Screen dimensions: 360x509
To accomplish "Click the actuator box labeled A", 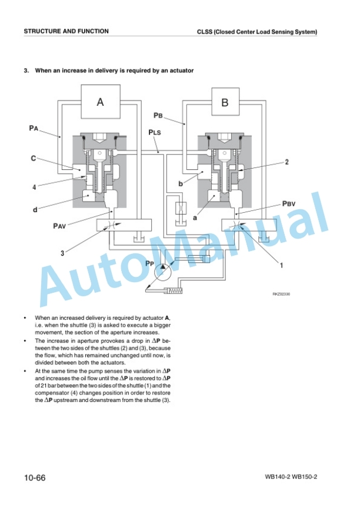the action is tap(101, 102).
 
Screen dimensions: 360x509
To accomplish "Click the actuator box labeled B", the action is tap(225, 102).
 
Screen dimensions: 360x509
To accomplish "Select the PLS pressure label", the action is tap(155, 132).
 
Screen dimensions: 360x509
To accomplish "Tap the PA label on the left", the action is tap(34, 128).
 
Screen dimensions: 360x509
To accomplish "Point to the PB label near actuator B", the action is tap(158, 115).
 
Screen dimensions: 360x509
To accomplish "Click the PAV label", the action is tap(59, 226).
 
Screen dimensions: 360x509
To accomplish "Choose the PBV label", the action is tap(289, 204).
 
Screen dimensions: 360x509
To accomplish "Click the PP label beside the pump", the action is tap(149, 263).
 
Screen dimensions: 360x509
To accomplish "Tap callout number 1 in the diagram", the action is tap(281, 265).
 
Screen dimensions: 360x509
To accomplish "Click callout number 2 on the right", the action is tap(287, 162).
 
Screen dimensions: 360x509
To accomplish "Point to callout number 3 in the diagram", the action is tap(62, 253).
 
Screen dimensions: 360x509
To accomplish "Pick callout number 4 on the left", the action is tap(34, 187).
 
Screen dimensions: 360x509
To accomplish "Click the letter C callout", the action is tap(33, 159).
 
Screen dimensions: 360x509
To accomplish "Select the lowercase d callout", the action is tap(35, 210).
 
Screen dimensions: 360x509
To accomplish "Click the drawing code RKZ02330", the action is tap(281, 294).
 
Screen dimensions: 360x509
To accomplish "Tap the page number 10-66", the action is tap(35, 478).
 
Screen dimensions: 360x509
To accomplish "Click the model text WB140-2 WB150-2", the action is tap(291, 477).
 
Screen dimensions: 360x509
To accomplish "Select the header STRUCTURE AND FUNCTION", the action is tap(66, 31).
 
